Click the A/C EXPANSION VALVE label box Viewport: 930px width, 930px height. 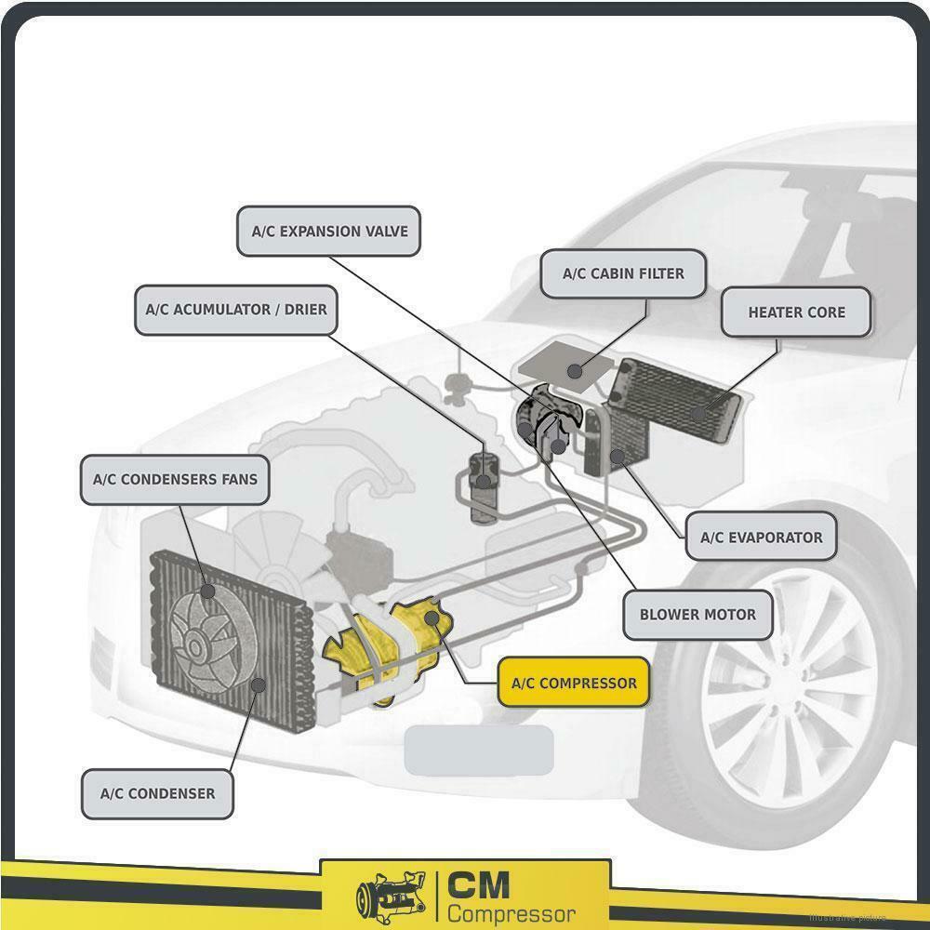329,231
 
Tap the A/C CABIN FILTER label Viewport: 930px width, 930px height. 623,274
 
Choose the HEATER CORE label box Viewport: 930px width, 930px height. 796,312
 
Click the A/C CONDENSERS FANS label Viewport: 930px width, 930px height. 175,480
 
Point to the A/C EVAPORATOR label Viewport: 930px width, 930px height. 761,537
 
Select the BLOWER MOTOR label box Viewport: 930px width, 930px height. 697,615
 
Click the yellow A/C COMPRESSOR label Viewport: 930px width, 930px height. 574,684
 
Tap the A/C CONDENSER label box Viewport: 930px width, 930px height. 157,793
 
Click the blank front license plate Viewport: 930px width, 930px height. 479,750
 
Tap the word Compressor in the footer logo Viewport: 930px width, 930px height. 511,912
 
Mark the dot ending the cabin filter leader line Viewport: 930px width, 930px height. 576,372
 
